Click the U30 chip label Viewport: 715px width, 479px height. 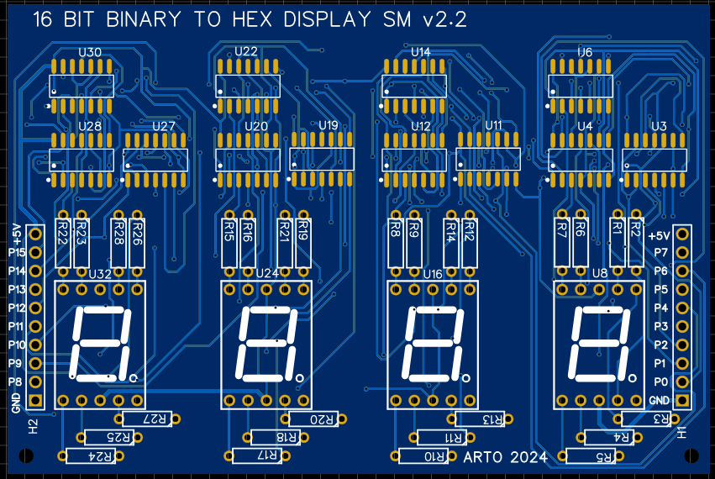[90, 53]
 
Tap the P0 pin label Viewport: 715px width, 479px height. [660, 382]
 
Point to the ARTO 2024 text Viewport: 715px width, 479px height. [505, 457]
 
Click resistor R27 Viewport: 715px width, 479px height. [148, 418]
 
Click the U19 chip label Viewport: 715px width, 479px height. [329, 125]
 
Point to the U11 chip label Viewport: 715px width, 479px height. [493, 125]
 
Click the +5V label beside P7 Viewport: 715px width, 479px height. [660, 236]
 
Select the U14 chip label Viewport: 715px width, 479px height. [421, 53]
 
